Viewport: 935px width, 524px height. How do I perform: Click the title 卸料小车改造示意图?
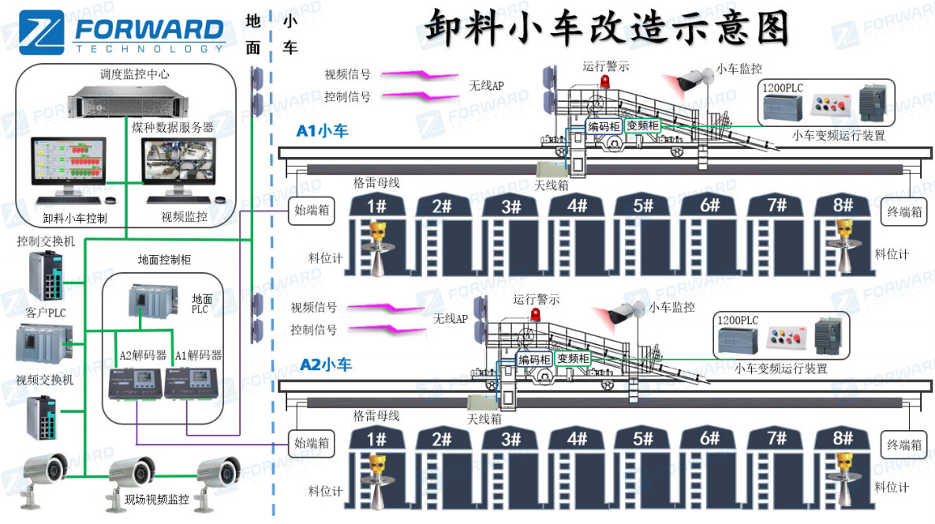coord(608,28)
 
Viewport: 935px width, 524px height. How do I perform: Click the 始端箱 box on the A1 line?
coord(312,211)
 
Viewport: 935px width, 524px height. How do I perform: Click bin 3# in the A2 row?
coord(512,440)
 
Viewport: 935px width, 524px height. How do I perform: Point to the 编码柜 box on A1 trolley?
coord(604,125)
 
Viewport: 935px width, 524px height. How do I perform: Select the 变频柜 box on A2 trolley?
coord(573,358)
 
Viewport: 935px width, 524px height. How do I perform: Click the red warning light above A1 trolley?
coord(605,81)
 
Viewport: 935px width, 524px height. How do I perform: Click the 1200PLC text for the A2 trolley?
coord(738,320)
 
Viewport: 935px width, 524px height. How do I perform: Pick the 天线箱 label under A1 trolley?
coord(551,185)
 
